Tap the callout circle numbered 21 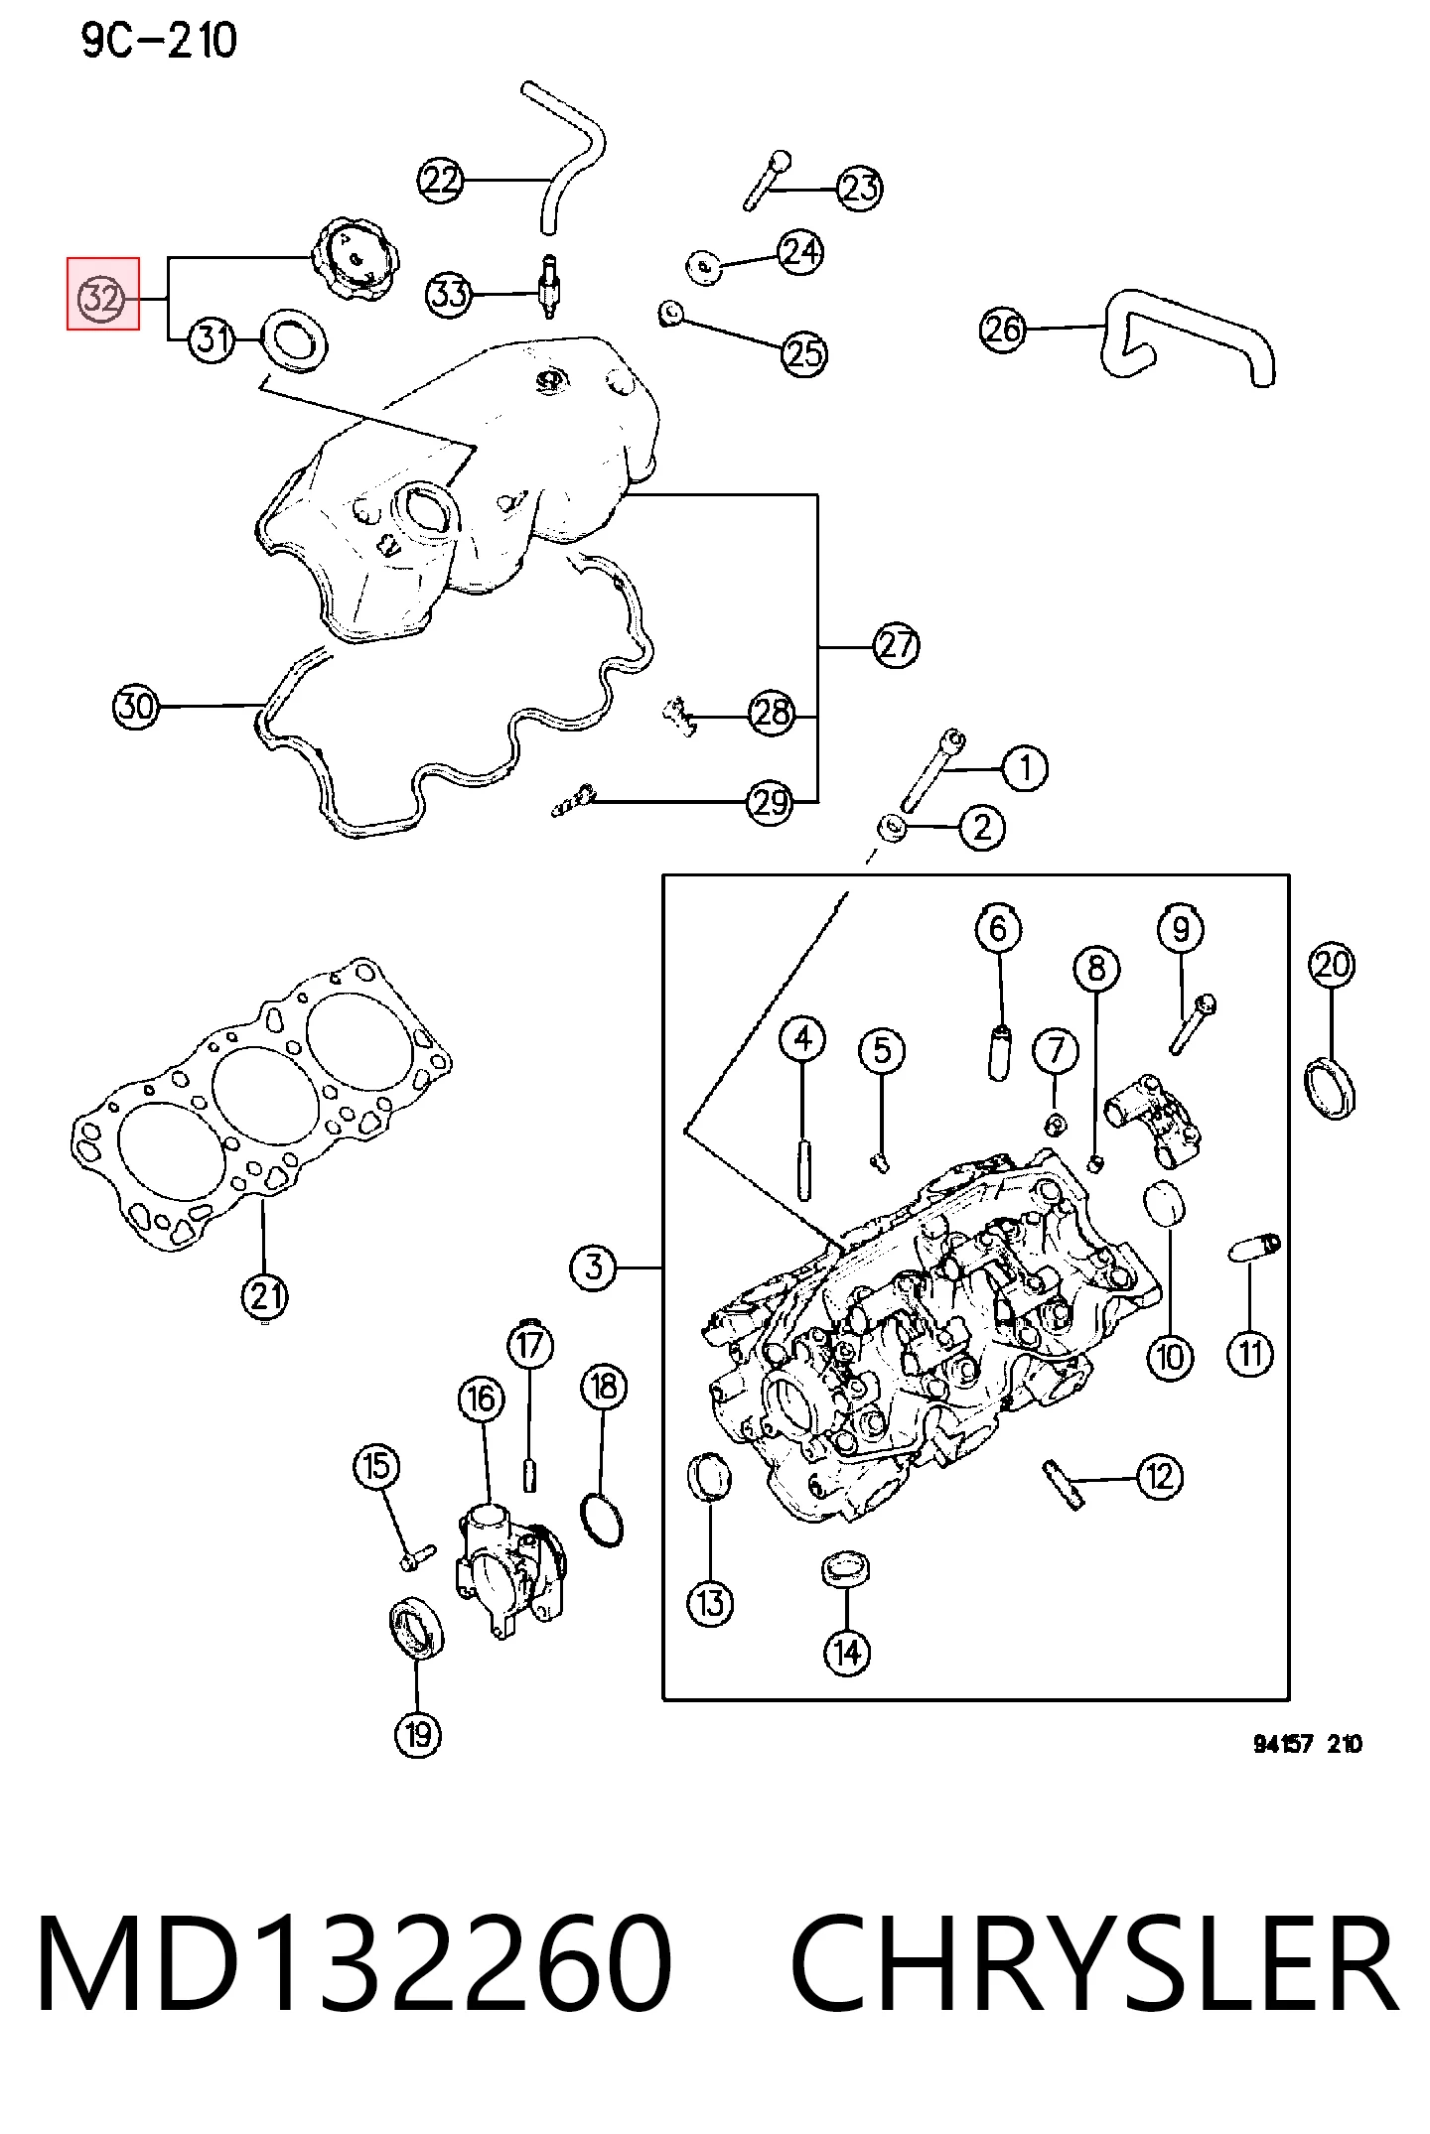point(264,1296)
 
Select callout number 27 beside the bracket point(897,645)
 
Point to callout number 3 point(594,1267)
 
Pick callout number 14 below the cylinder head point(847,1652)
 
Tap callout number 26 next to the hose point(1003,329)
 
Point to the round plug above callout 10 point(1166,1204)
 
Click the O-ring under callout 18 point(603,1518)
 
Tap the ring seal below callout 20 point(1331,1090)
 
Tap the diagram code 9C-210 point(159,42)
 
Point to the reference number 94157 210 point(1308,1744)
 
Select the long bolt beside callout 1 point(931,771)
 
